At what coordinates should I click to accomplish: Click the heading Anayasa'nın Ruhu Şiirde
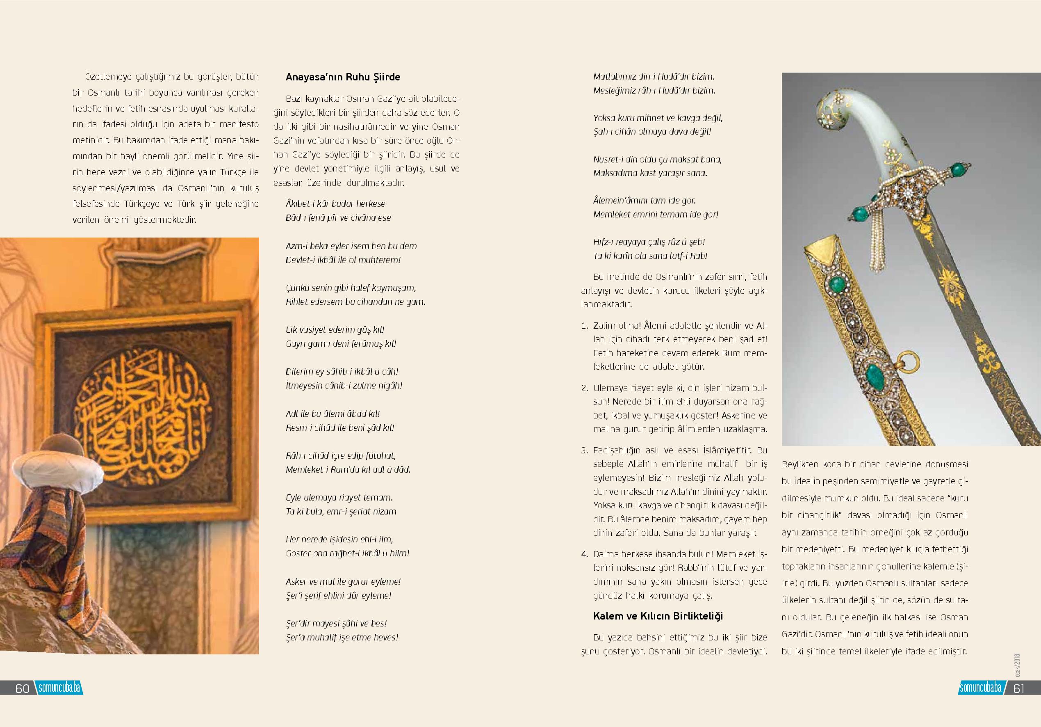[x=343, y=77]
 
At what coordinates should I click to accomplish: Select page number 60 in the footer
[x=22, y=688]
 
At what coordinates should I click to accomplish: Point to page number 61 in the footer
[x=1019, y=688]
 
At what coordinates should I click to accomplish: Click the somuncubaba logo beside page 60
[x=59, y=688]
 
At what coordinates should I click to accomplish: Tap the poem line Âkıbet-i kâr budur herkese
[x=335, y=204]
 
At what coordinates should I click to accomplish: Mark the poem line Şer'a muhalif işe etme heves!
[x=342, y=638]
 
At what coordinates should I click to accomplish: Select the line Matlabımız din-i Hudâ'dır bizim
[x=654, y=77]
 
